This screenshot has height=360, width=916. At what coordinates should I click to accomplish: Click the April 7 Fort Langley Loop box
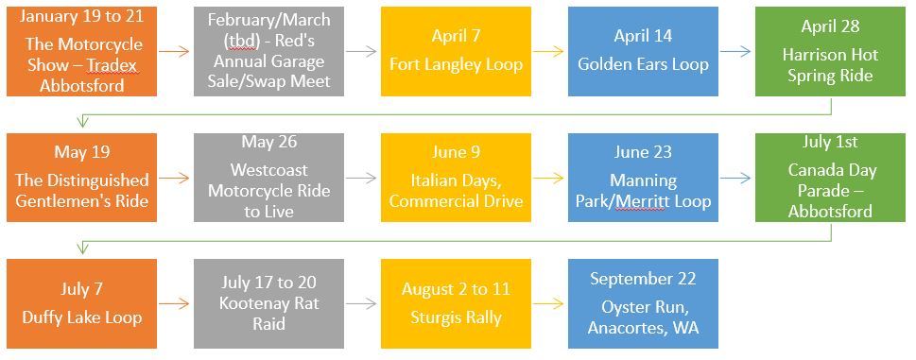[456, 51]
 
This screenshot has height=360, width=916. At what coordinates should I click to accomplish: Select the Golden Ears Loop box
[643, 51]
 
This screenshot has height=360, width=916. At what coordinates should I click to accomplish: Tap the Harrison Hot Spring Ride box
[830, 51]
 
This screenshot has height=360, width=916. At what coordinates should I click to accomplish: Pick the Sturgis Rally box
[456, 303]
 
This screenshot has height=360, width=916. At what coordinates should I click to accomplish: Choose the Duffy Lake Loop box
[82, 303]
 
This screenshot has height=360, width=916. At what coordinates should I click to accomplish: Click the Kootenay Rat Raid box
[268, 303]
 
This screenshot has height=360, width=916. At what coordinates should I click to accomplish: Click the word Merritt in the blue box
[640, 202]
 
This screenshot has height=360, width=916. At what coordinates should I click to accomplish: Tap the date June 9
[456, 152]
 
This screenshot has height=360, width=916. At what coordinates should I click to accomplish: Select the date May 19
[82, 152]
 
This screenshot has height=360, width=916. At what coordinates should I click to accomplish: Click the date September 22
[643, 279]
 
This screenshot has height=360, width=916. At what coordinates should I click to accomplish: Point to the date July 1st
[830, 142]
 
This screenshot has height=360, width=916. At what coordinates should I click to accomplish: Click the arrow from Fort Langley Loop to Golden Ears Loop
[549, 51]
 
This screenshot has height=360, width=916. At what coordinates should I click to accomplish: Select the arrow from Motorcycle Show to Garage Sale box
[174, 51]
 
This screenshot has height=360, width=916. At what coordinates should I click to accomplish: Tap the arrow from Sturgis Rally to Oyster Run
[549, 303]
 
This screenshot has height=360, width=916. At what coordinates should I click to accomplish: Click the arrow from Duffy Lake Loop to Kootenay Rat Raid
[174, 303]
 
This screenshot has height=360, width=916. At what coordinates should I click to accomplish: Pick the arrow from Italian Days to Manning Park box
[549, 178]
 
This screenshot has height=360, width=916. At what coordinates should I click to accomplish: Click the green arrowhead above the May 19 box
[82, 123]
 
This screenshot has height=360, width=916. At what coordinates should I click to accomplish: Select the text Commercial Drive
[456, 202]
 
